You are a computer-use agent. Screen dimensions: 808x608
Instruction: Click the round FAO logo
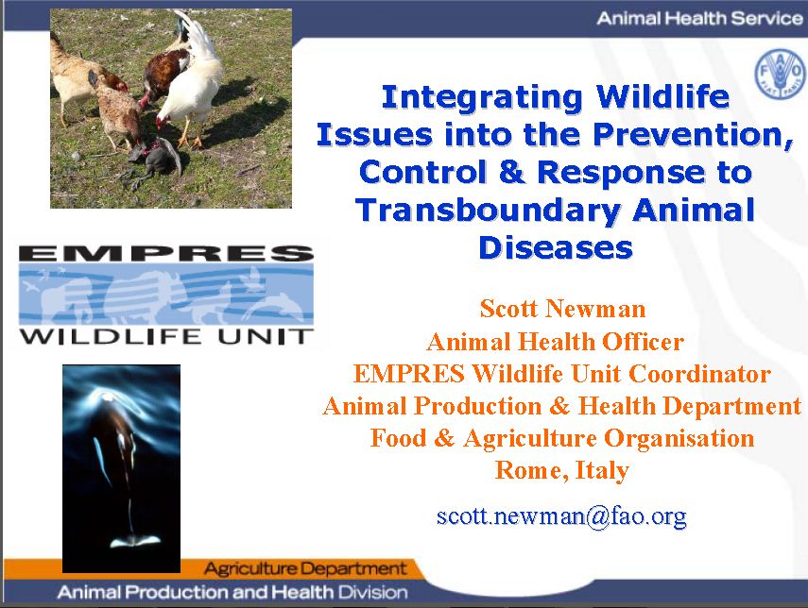[780, 76]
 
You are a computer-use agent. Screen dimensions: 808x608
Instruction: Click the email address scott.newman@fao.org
[561, 515]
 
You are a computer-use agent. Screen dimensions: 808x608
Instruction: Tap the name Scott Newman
[562, 309]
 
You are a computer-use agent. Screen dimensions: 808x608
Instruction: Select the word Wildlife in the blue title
[662, 96]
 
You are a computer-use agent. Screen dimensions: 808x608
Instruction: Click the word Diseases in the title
[556, 247]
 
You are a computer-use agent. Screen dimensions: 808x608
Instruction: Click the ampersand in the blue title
[511, 172]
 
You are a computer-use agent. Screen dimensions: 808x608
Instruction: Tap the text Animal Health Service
[699, 19]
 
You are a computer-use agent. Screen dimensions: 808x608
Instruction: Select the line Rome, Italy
[562, 470]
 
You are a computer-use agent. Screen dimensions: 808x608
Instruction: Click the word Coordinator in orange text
[699, 374]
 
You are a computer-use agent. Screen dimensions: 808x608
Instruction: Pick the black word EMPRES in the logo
[166, 253]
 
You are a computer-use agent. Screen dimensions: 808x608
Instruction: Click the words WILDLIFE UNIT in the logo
[166, 337]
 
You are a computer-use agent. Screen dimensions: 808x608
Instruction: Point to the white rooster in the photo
[192, 82]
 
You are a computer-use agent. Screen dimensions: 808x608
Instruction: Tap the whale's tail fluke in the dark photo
[135, 541]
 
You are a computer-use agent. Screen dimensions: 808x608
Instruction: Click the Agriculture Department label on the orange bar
[305, 569]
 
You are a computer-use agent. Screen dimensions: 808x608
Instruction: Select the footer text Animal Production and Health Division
[232, 592]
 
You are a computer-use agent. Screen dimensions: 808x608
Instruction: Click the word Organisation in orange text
[679, 438]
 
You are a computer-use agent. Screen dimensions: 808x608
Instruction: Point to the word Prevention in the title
[693, 134]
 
